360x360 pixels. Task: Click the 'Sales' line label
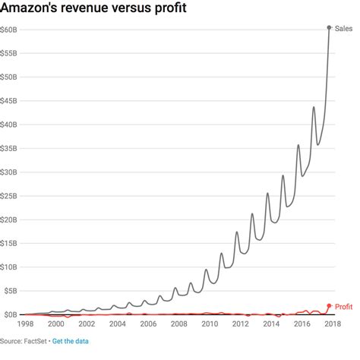343,28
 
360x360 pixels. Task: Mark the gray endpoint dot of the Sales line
329,27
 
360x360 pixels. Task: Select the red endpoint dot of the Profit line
329,306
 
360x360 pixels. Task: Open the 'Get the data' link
71,342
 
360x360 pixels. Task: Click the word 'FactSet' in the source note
35,342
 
